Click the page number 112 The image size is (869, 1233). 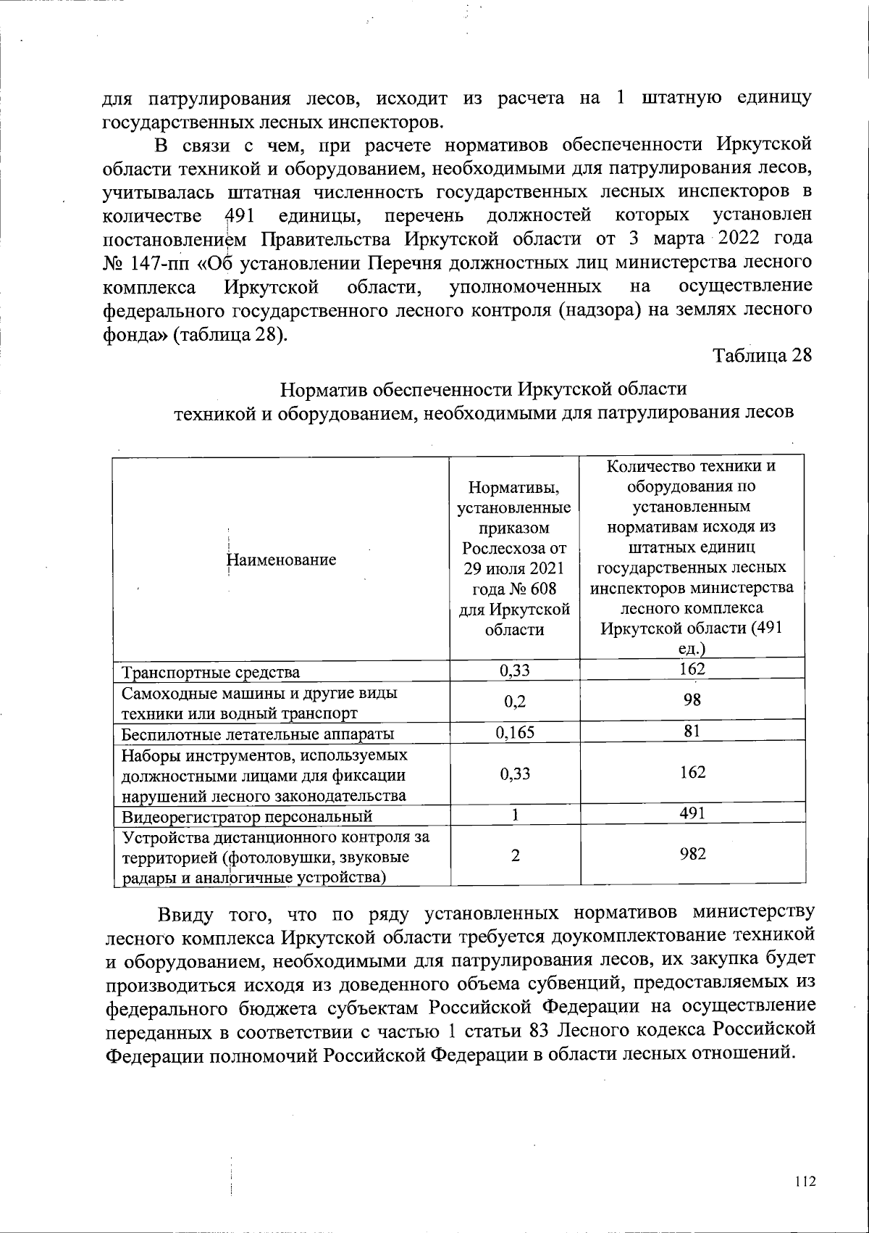coord(805,1182)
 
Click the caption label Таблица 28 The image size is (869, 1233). coord(763,357)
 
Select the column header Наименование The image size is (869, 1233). coord(282,560)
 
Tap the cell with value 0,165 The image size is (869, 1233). coord(515,733)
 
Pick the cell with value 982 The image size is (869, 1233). coord(693,855)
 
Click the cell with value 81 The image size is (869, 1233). coord(693,731)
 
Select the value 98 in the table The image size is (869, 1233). coord(693,700)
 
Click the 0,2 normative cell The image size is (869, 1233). coord(515,702)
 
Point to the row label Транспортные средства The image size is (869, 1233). coord(210,672)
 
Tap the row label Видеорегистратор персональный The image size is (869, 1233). coord(247,816)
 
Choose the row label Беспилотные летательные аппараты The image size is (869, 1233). coord(258,734)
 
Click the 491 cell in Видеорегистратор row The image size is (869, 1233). coord(693,813)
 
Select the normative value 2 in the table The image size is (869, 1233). coord(515,855)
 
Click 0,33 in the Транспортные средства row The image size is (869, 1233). coord(515,671)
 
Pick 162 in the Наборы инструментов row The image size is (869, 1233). coord(693,773)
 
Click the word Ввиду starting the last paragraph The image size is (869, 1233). coord(184,912)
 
